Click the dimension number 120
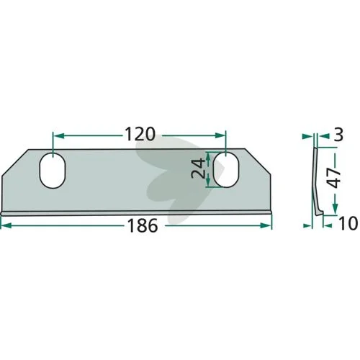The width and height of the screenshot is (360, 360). [140, 135]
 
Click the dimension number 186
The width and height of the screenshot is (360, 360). [143, 225]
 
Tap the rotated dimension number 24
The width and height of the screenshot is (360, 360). [198, 168]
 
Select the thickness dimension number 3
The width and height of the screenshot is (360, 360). [338, 135]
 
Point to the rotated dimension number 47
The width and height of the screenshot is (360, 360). [335, 178]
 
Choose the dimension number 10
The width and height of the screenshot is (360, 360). [348, 224]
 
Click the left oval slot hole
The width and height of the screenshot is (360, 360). [53, 170]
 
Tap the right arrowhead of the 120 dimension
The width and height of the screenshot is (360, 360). [220, 135]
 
